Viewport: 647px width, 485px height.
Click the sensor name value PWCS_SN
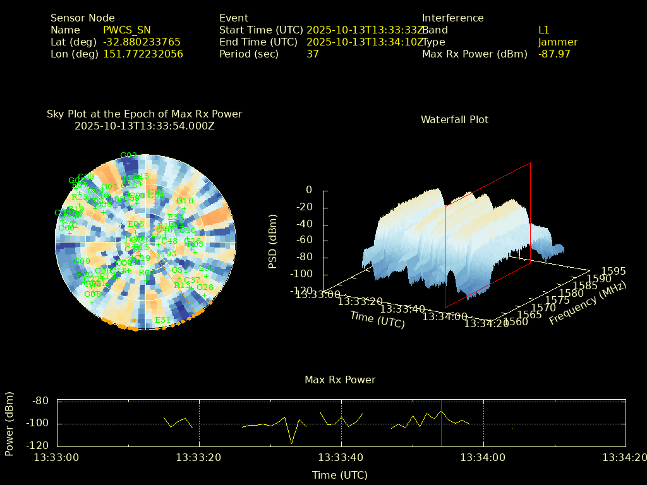tap(127, 30)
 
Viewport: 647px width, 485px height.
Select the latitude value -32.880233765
tap(142, 42)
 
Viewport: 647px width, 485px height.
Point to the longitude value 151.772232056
tap(143, 54)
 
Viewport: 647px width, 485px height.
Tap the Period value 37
tap(313, 54)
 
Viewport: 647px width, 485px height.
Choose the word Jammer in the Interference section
tap(558, 42)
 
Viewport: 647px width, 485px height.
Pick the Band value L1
tap(544, 30)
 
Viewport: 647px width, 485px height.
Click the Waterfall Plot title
tap(454, 119)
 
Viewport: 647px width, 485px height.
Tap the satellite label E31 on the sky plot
tap(163, 320)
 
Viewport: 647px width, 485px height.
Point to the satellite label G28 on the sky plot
tap(205, 287)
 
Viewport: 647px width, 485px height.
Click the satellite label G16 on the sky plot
tap(185, 200)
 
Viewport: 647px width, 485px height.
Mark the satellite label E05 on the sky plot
tap(207, 268)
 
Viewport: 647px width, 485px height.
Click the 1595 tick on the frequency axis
tap(614, 271)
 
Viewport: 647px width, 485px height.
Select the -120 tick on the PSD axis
tap(301, 291)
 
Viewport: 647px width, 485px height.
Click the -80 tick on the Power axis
tap(40, 400)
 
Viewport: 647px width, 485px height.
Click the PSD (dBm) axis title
tap(273, 241)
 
